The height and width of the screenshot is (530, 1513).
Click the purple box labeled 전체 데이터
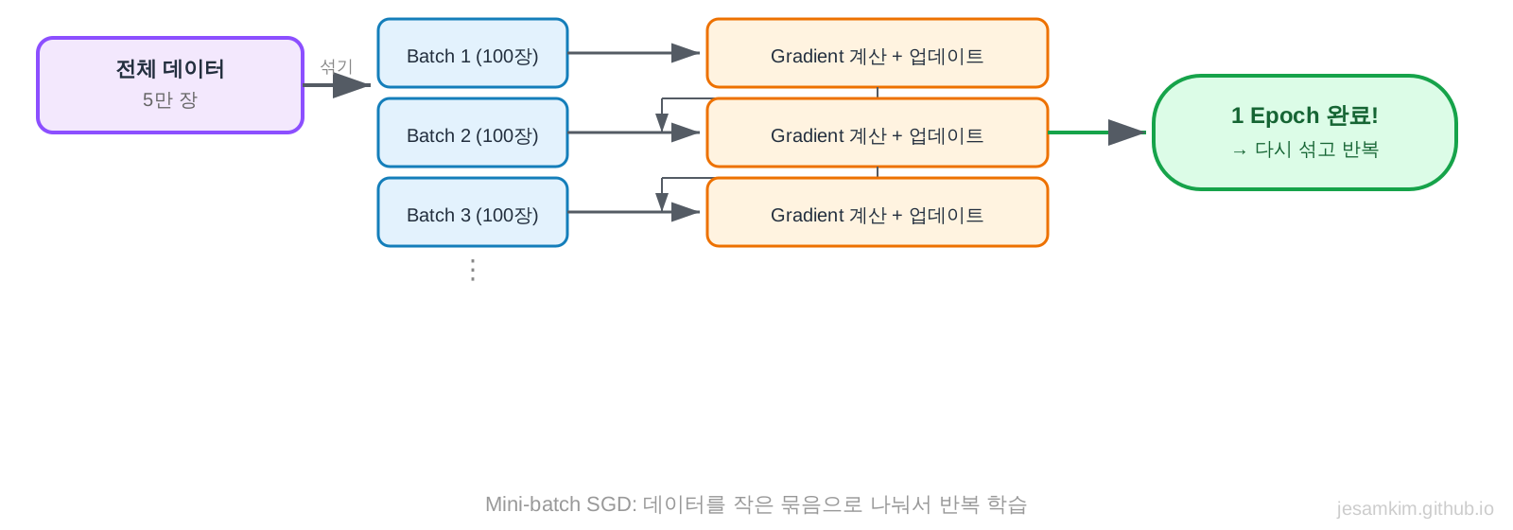coord(170,85)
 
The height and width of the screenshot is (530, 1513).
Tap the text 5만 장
coord(170,100)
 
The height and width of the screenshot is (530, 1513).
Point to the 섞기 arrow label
coord(336,66)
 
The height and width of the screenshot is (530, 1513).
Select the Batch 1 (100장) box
coord(473,54)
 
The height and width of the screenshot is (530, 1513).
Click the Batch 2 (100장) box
coord(473,133)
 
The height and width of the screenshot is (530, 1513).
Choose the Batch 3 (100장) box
coord(473,213)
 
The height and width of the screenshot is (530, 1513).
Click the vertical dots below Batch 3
coord(473,270)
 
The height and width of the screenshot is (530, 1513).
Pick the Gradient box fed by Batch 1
coord(877,54)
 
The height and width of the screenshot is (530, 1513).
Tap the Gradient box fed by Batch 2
coord(877,133)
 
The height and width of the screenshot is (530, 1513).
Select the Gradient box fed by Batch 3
coord(877,213)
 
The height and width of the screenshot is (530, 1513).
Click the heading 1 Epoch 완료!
coord(1304,115)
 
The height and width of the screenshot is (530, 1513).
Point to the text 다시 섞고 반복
coord(1315,150)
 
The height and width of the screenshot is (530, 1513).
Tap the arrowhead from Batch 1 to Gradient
coord(685,53)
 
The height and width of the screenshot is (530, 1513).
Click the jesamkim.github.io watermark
coord(1415,509)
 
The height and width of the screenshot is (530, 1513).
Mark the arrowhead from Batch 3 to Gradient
coord(685,212)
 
